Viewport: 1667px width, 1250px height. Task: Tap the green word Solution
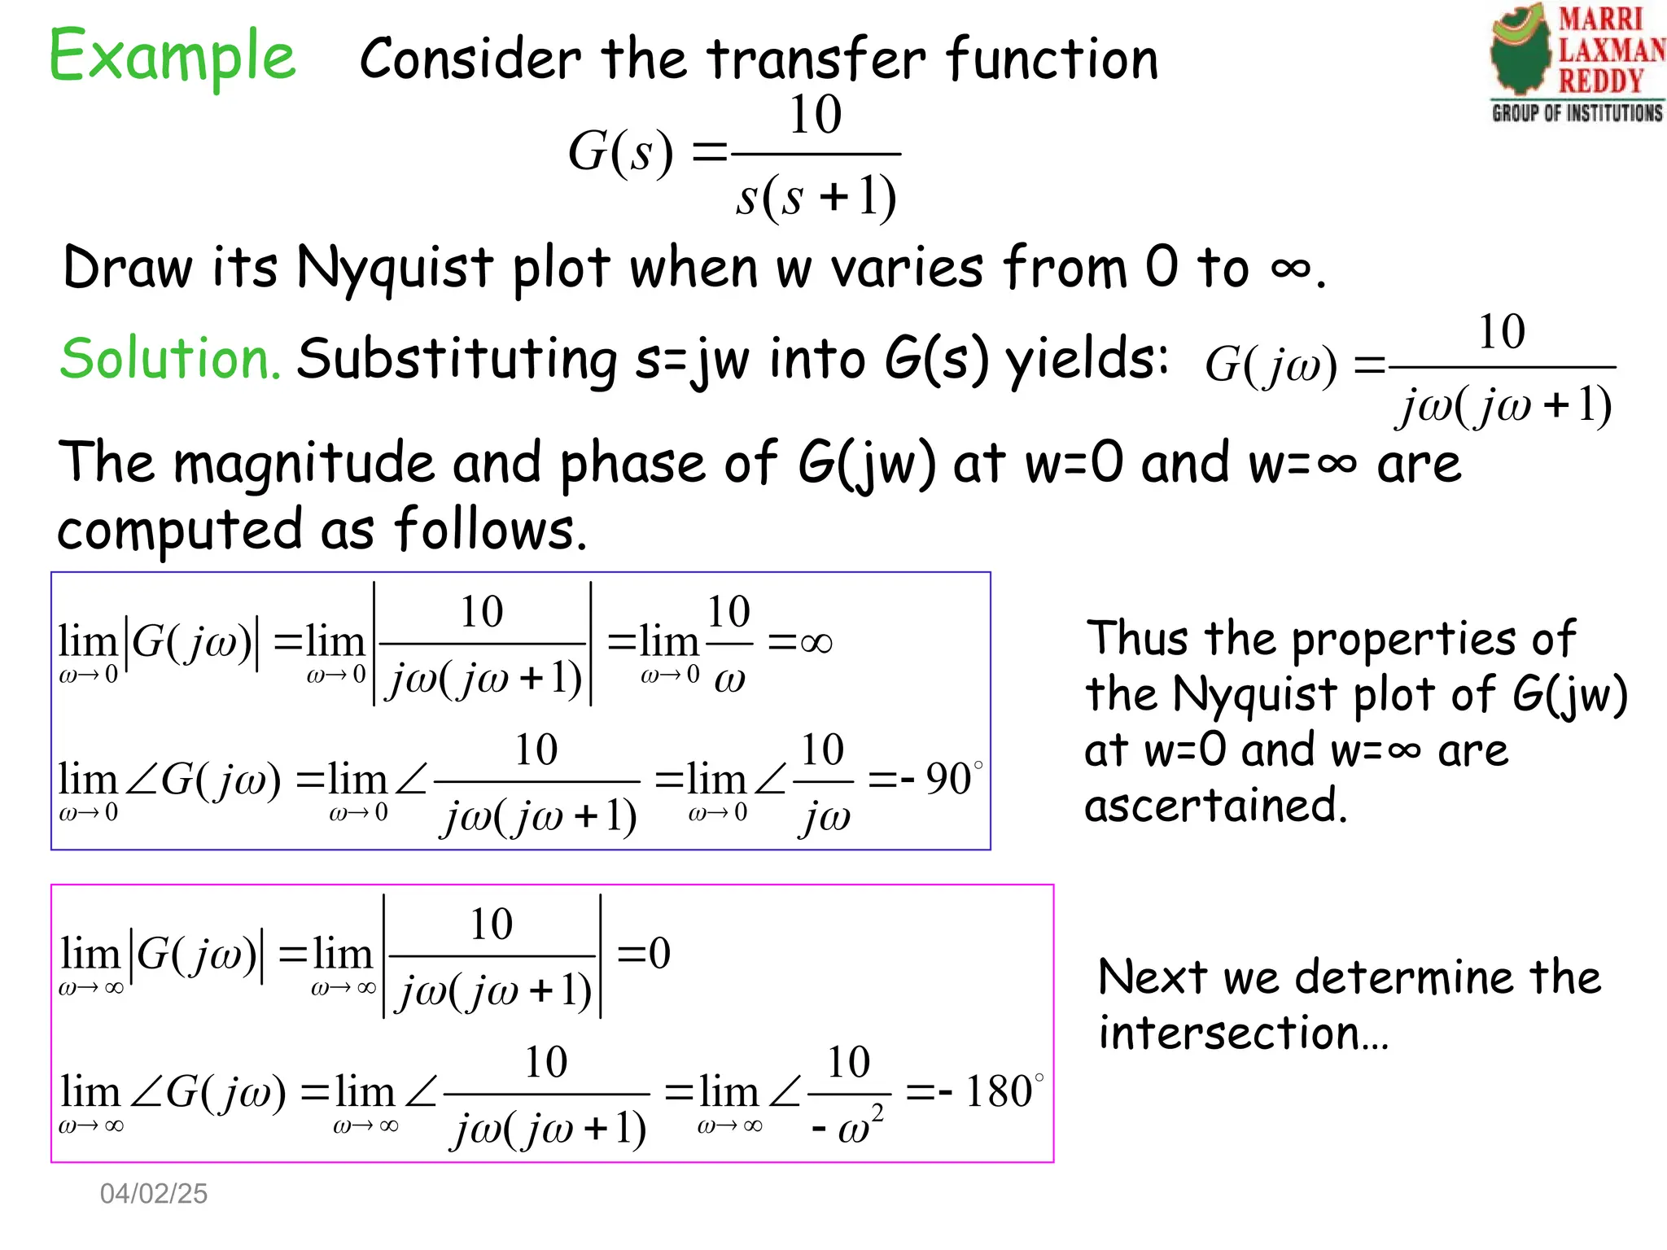click(x=170, y=358)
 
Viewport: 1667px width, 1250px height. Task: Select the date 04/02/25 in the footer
click(x=153, y=1193)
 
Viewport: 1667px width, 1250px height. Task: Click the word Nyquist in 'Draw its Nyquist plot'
click(x=394, y=269)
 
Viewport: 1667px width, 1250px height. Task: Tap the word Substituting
click(x=457, y=359)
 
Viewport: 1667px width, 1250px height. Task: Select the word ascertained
click(x=1215, y=806)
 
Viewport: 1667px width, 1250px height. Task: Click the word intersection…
click(x=1243, y=1033)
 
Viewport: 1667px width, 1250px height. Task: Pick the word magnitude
click(x=304, y=463)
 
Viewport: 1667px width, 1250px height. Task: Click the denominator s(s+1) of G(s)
click(x=816, y=197)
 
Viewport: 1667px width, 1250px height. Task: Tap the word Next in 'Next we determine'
click(x=1150, y=977)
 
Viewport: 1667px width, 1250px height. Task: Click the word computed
click(x=179, y=530)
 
